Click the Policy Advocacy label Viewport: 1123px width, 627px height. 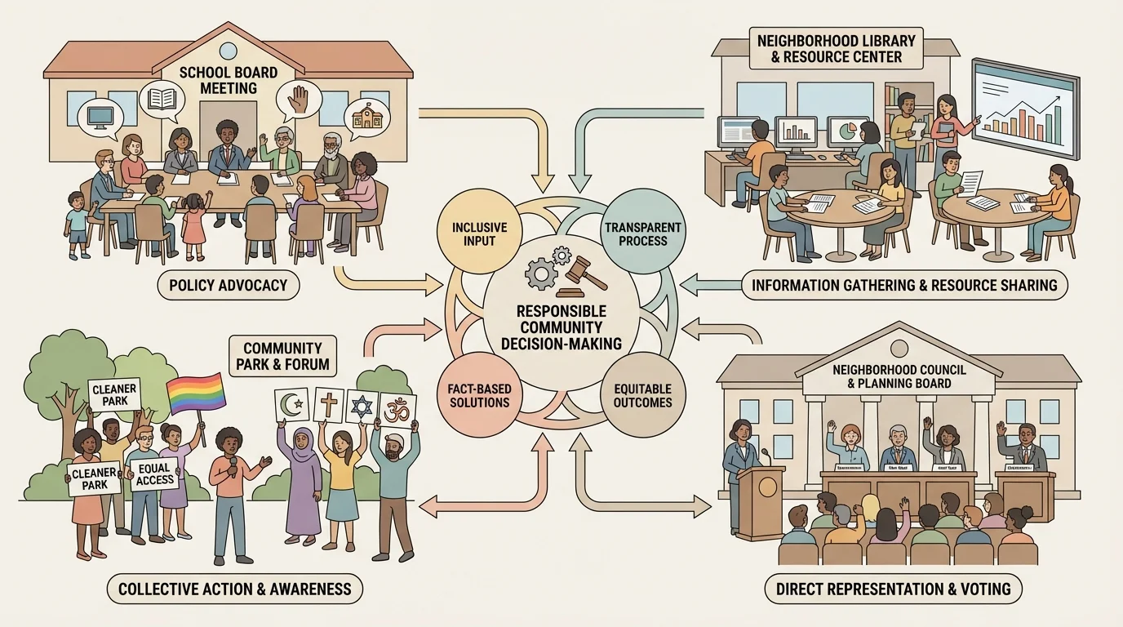pos(229,285)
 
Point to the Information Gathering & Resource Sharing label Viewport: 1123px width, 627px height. pos(903,285)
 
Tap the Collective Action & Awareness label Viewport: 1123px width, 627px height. pos(234,588)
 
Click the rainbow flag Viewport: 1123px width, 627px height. pos(196,394)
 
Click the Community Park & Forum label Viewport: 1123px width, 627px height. pos(282,355)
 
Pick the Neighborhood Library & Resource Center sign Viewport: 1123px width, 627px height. pos(836,48)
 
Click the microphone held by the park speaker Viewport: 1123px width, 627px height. pos(233,464)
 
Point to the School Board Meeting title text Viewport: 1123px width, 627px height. pos(228,80)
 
